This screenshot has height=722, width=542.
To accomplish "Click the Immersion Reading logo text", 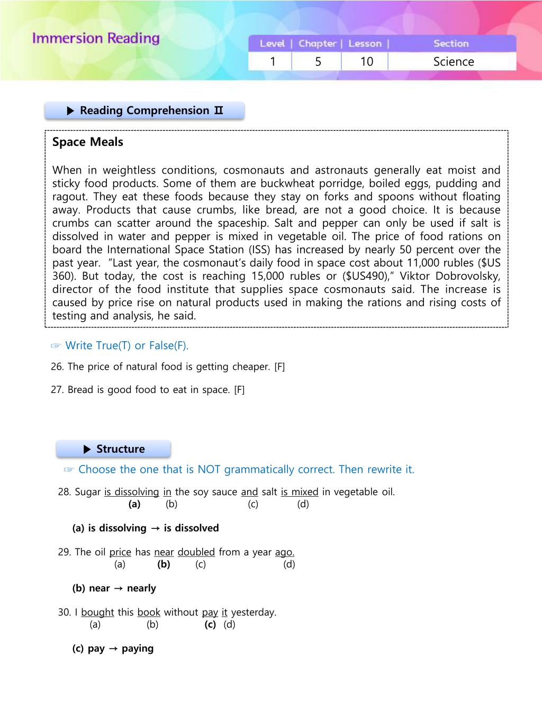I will [x=96, y=39].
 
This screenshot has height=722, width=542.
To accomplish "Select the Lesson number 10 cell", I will [x=366, y=61].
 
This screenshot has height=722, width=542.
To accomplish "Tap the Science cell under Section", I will [x=453, y=61].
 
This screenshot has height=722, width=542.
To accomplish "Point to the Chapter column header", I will [x=317, y=43].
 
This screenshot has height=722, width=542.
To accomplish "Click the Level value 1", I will [x=273, y=61].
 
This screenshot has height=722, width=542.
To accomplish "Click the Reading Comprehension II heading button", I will [x=144, y=111].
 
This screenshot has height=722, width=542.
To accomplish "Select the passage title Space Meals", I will [x=88, y=142].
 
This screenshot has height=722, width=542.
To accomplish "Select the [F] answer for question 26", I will [x=279, y=367].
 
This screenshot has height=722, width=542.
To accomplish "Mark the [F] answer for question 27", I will [x=239, y=390].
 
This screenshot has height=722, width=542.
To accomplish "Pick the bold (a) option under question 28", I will [x=134, y=504].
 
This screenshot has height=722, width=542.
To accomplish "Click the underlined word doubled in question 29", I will [x=196, y=552].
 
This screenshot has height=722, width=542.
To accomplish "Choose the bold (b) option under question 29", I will [x=164, y=564].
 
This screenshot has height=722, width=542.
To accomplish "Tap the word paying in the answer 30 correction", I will [x=138, y=648].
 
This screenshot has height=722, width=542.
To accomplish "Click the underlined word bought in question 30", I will [x=97, y=613].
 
